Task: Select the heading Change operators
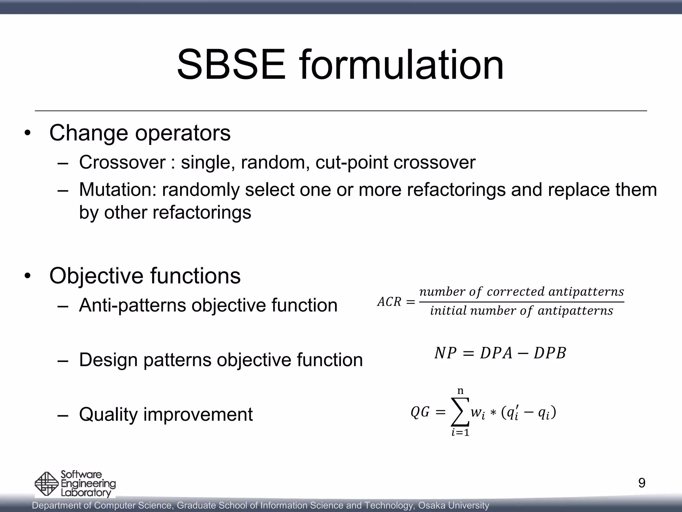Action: [x=140, y=133]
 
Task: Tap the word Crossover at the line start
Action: [x=122, y=163]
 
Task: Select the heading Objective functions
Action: [x=145, y=276]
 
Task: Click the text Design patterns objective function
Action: [x=221, y=360]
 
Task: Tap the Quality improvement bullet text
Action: [x=166, y=415]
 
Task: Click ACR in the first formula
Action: [x=389, y=302]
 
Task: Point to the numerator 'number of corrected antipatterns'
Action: [x=521, y=292]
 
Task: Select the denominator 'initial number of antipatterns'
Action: [x=521, y=311]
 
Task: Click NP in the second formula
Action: [x=445, y=353]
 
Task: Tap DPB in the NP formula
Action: [x=550, y=353]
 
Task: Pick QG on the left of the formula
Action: [x=420, y=413]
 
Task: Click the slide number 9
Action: [x=642, y=483]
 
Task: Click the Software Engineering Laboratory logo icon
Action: [x=47, y=484]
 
